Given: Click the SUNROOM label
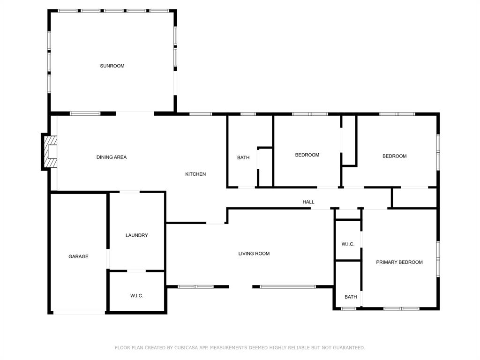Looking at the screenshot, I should pos(112,66).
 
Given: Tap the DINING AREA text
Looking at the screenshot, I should pos(112,157).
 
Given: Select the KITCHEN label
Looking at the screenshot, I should pos(195,174).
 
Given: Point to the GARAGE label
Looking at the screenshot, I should pos(78,257).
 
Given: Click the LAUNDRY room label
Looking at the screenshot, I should pos(137,235).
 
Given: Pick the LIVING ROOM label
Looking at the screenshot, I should pos(254,254).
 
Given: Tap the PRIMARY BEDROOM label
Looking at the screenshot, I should pos(399,262).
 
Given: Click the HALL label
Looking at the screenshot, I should pos(308,202).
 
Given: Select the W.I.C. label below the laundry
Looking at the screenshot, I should pos(137,296).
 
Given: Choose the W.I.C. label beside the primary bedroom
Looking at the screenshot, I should pos(348,244).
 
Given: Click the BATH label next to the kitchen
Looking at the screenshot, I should pos(243,158).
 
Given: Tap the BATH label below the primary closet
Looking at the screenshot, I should pos(351,297).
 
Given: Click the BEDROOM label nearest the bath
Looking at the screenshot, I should pos(307,155).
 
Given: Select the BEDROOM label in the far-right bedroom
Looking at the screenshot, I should pos(394,157).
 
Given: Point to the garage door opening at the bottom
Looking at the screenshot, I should pos(79,313).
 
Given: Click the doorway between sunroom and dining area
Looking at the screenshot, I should pos(135,112).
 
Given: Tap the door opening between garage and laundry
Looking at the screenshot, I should pos(108,259).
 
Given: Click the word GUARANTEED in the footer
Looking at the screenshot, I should pos(348,348).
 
